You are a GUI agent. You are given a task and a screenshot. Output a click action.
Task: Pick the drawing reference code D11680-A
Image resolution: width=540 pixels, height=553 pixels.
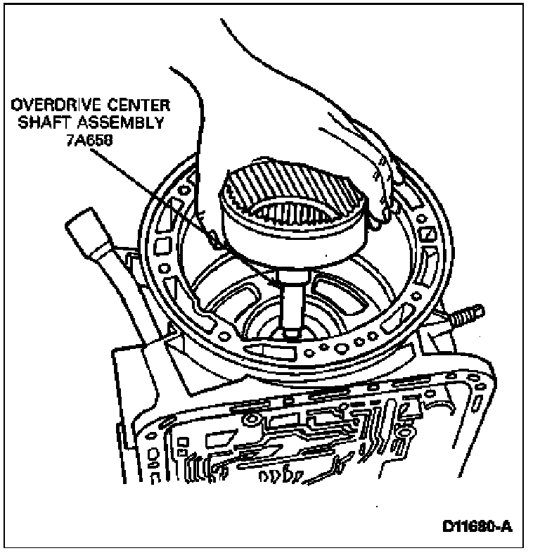477,526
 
